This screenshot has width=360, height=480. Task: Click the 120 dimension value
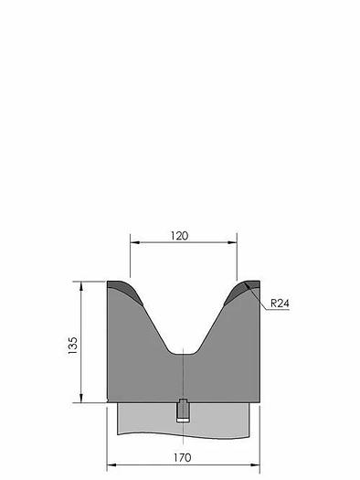179,236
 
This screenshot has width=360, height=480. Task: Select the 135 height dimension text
73,346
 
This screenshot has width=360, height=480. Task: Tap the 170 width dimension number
183,458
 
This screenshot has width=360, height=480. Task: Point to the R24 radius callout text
280,304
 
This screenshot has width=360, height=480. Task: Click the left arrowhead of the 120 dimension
135,242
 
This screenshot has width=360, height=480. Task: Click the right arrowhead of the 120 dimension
232,242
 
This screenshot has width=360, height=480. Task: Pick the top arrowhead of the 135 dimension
81,286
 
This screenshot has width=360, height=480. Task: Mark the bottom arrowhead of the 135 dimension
81,398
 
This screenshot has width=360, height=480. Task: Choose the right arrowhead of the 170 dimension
255,465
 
